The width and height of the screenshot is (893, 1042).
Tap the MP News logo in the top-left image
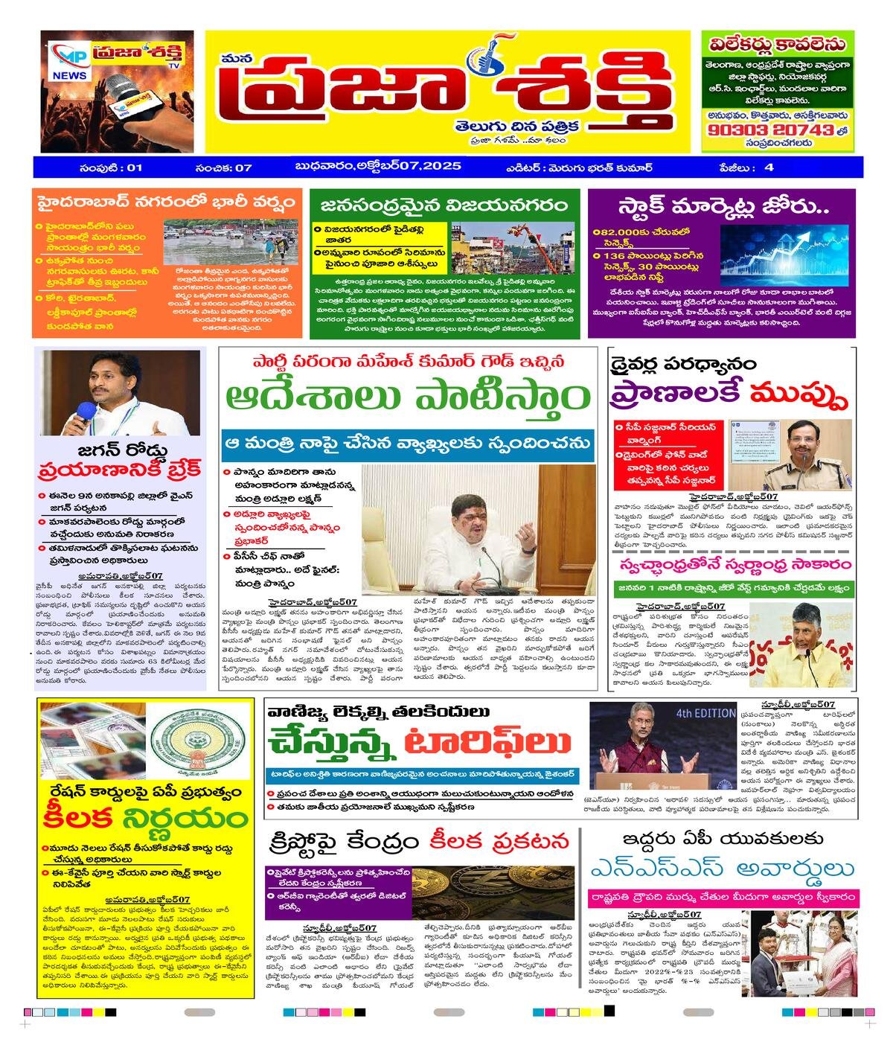[x=70, y=63]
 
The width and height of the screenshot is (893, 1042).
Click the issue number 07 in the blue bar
[x=243, y=167]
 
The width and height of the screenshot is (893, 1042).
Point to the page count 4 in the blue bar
[x=769, y=167]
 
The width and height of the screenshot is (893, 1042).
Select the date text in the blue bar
[x=378, y=166]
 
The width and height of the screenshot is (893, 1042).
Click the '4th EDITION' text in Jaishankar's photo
[x=705, y=713]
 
